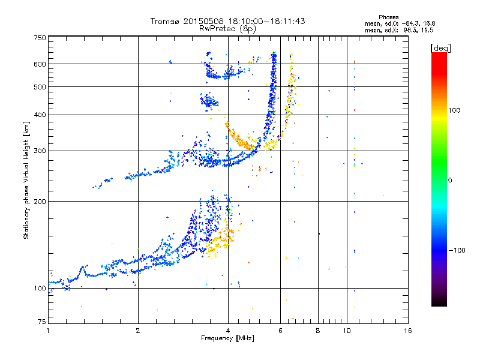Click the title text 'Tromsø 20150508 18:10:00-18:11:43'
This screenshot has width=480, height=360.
tap(227, 21)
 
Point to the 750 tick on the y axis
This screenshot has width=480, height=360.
tap(40, 38)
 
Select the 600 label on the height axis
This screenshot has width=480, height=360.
tap(40, 64)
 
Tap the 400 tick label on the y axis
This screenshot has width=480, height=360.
tap(40, 115)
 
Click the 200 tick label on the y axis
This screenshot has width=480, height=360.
tap(40, 201)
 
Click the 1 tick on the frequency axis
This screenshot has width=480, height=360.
tap(48, 330)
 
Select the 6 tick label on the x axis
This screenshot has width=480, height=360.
tap(280, 330)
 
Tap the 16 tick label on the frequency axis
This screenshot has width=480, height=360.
tap(408, 330)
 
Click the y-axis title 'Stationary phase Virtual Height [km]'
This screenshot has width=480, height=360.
tap(26, 180)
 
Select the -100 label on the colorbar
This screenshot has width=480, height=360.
tap(460, 250)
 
